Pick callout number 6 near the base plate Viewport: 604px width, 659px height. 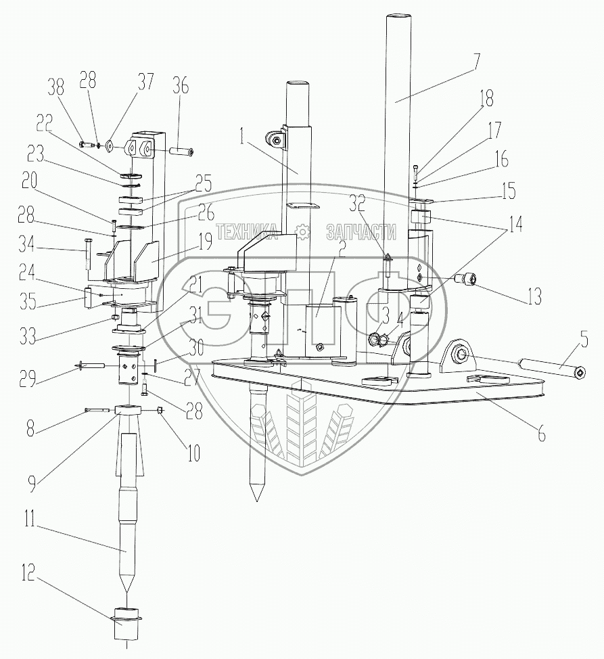(541, 434)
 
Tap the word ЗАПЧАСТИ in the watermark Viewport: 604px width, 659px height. (361, 233)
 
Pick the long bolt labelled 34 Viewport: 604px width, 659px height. (87, 254)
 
